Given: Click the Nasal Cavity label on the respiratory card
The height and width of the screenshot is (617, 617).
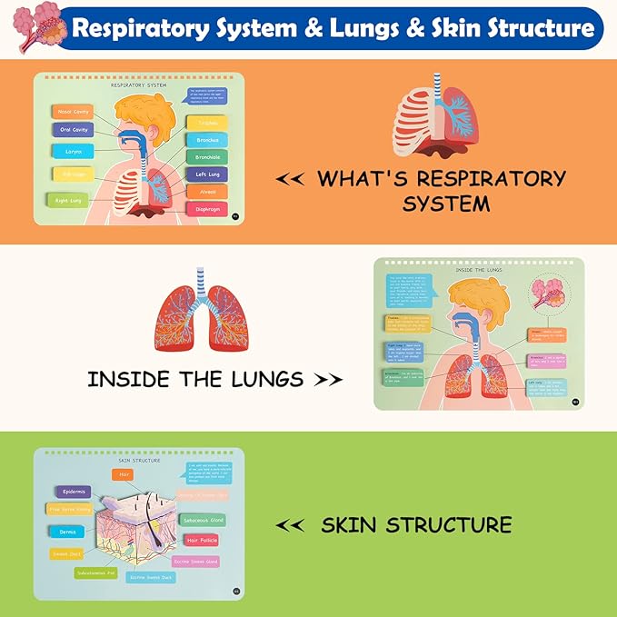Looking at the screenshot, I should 74,112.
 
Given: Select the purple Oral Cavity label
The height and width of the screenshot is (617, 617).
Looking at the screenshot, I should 74,130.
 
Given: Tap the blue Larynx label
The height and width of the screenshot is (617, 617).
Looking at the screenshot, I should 74,151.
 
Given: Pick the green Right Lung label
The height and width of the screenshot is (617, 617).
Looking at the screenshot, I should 67,199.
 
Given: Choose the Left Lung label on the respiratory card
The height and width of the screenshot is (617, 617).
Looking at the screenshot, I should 206,174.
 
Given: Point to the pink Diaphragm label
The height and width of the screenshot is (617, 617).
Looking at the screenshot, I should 206,209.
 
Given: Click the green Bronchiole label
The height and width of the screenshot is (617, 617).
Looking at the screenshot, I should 206,156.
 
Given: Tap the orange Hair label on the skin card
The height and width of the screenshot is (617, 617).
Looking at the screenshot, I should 125,474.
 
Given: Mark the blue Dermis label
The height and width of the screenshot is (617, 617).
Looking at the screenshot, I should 68,532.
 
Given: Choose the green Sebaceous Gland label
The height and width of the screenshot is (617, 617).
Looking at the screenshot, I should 203,521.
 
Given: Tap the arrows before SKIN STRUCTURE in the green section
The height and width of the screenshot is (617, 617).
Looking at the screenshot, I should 289,525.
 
